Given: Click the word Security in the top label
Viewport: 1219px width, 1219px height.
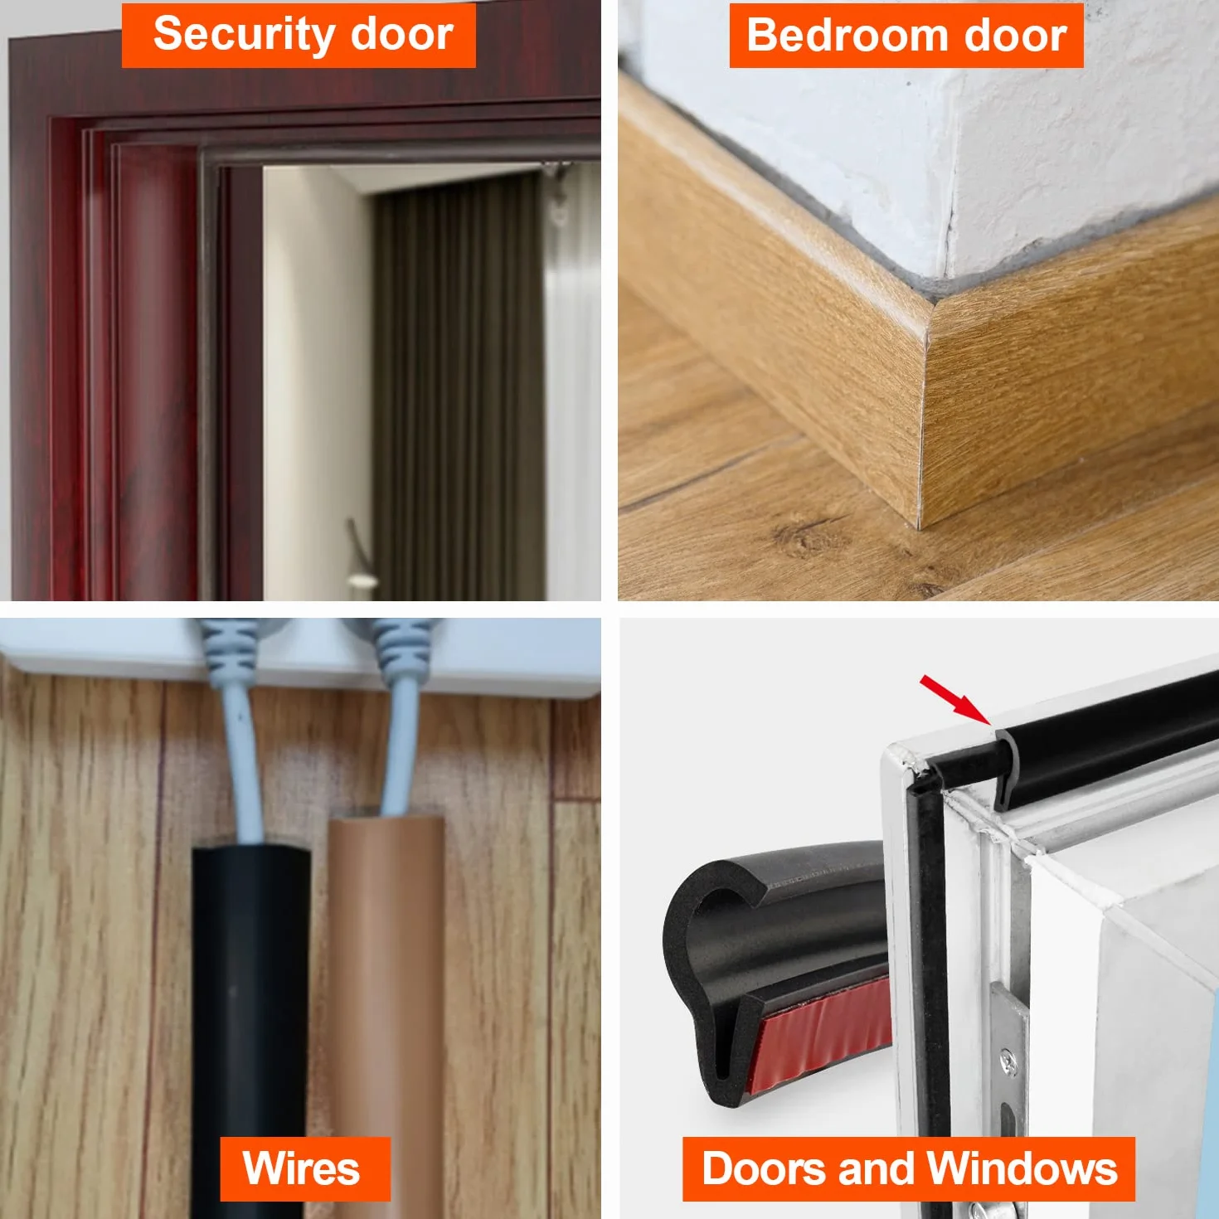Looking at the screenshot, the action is [x=243, y=36].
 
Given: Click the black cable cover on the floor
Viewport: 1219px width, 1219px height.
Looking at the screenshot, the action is [x=250, y=1025].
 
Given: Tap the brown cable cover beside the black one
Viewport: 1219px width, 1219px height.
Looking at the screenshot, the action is [x=386, y=1013].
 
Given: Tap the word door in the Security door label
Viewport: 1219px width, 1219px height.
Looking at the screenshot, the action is [x=401, y=34].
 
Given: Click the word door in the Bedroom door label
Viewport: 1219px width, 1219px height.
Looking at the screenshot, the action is [x=1015, y=36].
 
